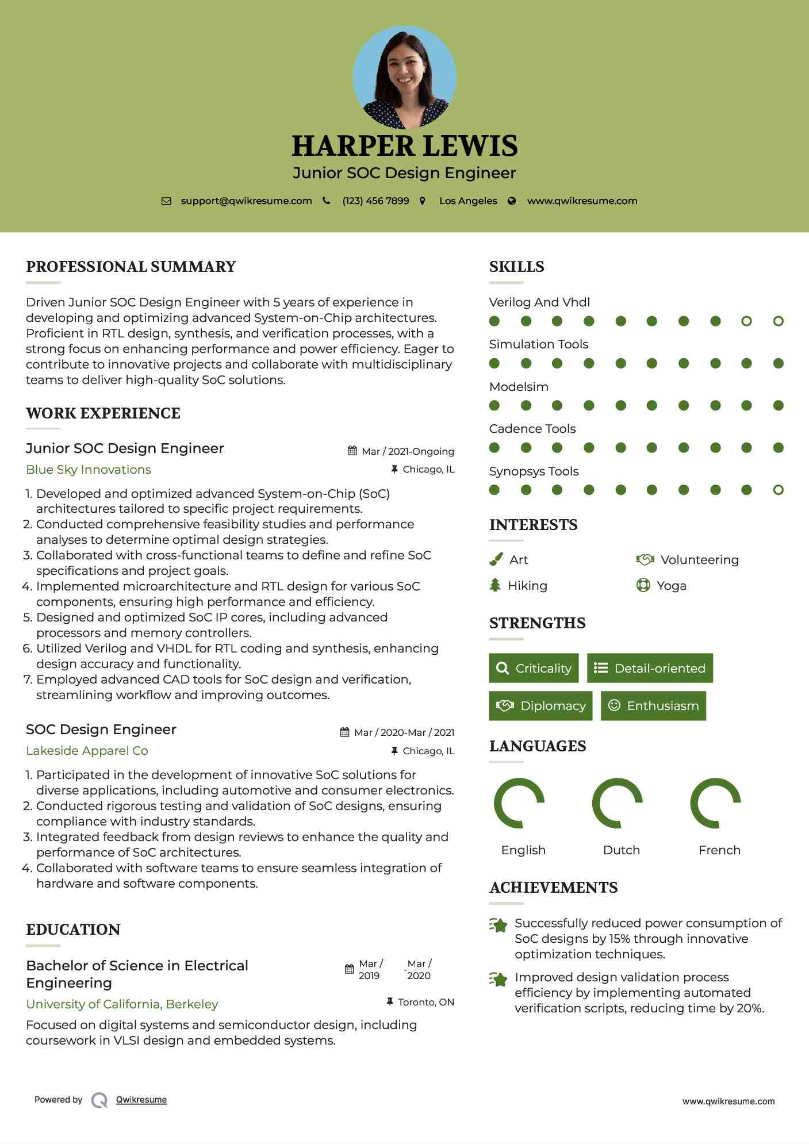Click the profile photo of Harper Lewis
[x=404, y=77]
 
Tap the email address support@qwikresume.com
[x=246, y=201]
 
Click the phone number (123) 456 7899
[x=375, y=201]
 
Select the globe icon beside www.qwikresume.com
[x=512, y=201]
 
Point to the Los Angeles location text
[x=468, y=201]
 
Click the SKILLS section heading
[x=516, y=267]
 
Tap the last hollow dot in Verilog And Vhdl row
[x=778, y=321]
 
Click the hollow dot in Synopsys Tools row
[x=778, y=490]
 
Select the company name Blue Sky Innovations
[x=89, y=470]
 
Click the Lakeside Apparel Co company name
[x=87, y=751]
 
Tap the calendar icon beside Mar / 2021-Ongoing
[x=352, y=451]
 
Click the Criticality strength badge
[x=534, y=668]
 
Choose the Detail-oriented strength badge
[x=650, y=668]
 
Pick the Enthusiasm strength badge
[x=653, y=705]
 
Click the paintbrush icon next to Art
[x=496, y=559]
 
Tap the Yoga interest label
[x=672, y=586]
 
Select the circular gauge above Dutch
[x=617, y=803]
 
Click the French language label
[x=719, y=850]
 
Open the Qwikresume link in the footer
[x=141, y=1100]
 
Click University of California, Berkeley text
[x=122, y=1004]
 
